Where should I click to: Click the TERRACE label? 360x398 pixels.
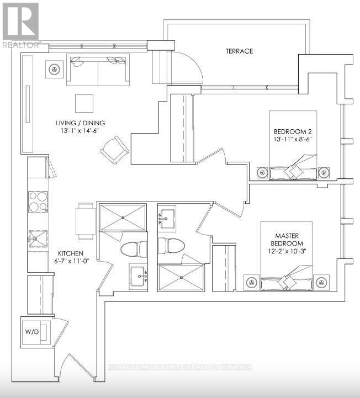(x=239, y=51)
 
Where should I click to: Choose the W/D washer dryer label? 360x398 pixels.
(x=30, y=333)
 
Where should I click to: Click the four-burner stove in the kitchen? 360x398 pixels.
(x=37, y=201)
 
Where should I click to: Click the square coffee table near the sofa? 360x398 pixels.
(x=85, y=103)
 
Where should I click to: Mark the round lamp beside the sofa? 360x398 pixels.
(x=54, y=69)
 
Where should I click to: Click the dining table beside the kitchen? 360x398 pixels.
(x=86, y=221)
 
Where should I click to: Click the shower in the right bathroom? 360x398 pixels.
(x=181, y=277)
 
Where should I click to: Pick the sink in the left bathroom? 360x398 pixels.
(x=138, y=274)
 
